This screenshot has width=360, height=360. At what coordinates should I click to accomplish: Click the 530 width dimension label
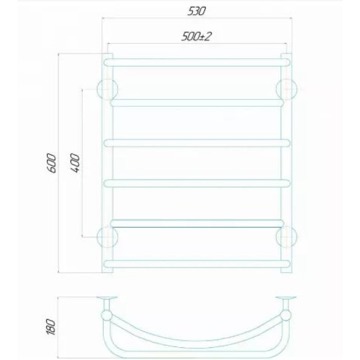pyautogui.click(x=196, y=11)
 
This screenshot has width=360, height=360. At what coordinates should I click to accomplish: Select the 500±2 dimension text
pyautogui.click(x=196, y=37)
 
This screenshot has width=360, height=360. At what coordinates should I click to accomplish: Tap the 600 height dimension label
pyautogui.click(x=51, y=163)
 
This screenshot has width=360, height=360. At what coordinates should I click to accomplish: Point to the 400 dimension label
pyautogui.click(x=75, y=163)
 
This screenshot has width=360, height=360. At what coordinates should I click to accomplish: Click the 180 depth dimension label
pyautogui.click(x=51, y=327)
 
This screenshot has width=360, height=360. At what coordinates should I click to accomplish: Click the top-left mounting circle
pyautogui.click(x=107, y=89)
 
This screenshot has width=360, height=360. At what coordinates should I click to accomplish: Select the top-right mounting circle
pyautogui.click(x=286, y=89)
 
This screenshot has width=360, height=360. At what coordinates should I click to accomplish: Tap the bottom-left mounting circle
pyautogui.click(x=107, y=237)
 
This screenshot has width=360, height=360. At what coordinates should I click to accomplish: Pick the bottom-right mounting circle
pyautogui.click(x=286, y=237)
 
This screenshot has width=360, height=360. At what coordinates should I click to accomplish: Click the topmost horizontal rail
pyautogui.click(x=197, y=62)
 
